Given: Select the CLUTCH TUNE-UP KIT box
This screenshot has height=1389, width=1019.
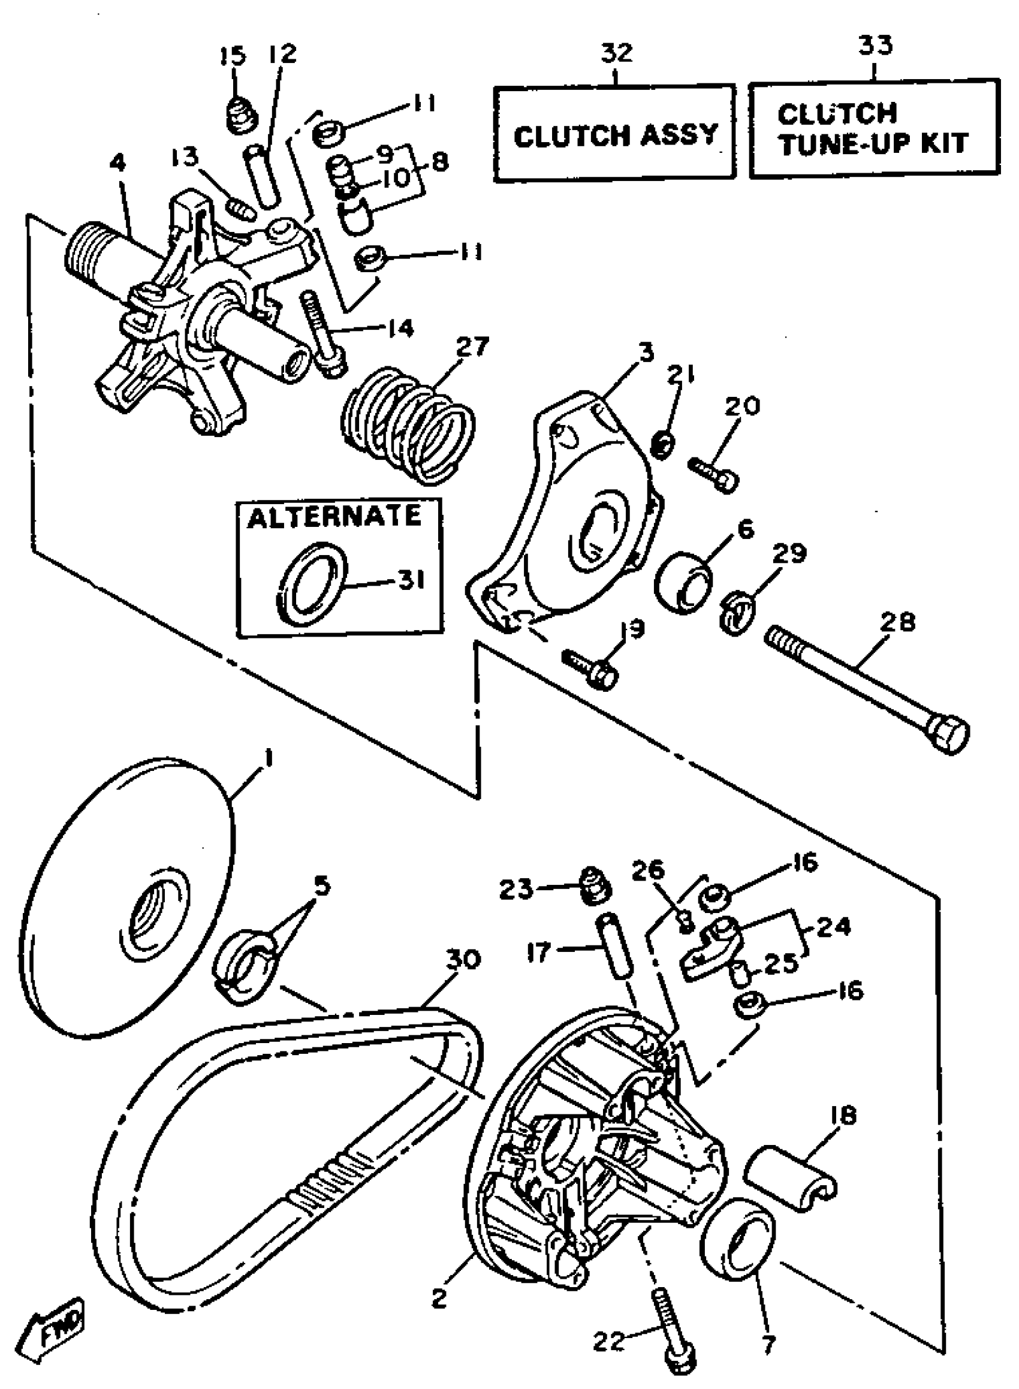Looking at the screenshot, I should (873, 128).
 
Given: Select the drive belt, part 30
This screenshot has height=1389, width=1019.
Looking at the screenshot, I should (290, 1159).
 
